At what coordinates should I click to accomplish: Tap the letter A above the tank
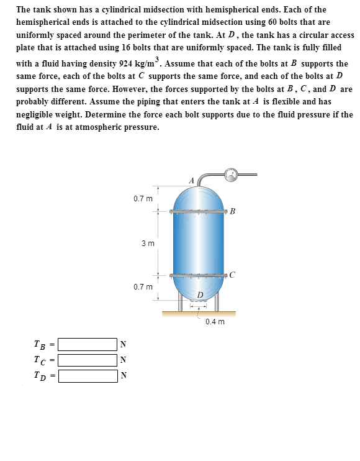[x=192, y=180]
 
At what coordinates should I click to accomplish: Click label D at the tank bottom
[x=199, y=294]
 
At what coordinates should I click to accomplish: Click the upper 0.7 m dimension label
[x=142, y=199]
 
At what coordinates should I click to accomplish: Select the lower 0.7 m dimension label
[x=142, y=288]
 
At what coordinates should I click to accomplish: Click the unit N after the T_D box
[x=122, y=375]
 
